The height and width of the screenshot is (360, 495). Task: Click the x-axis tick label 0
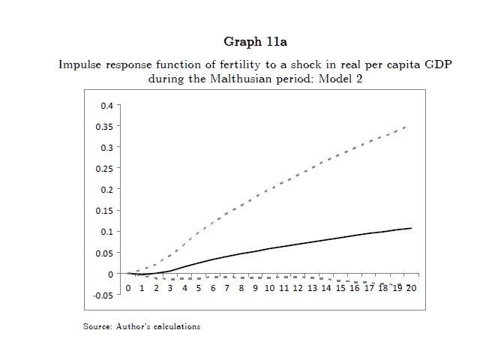(128, 287)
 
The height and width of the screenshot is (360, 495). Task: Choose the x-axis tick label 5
(199, 287)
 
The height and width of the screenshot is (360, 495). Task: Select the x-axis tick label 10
(269, 287)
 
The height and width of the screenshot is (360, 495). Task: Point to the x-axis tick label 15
(340, 287)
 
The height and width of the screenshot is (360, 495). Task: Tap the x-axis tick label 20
(410, 287)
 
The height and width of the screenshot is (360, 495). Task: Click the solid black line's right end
(411, 228)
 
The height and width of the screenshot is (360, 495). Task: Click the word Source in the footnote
(96, 326)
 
